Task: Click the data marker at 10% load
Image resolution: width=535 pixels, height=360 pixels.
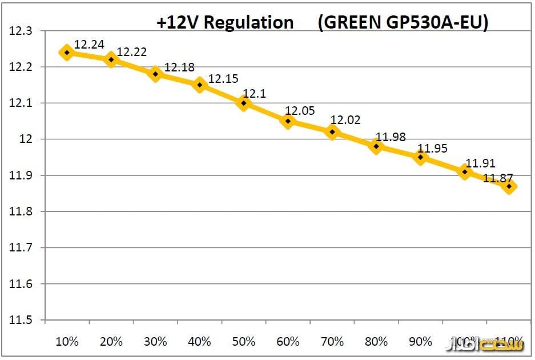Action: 67,53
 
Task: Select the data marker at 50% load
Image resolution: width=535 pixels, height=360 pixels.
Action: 244,103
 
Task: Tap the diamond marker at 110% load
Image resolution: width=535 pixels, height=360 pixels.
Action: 509,186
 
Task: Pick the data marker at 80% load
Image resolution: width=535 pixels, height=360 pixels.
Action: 376,146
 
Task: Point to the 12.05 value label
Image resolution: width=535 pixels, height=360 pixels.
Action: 300,111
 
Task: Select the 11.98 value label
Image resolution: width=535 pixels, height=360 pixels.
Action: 391,137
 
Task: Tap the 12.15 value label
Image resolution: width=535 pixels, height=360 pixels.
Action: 223,78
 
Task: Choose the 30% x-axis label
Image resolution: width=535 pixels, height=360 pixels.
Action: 155,342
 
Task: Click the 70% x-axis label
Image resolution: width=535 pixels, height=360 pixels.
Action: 332,342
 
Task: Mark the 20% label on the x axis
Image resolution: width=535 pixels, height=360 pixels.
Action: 111,342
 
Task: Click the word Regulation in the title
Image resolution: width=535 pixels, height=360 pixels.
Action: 249,22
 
